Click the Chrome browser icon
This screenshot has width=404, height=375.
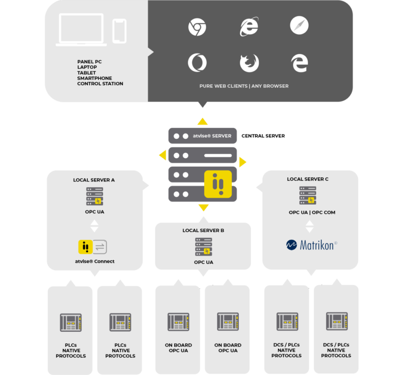pyautogui.click(x=197, y=27)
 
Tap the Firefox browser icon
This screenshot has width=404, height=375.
pyautogui.click(x=249, y=63)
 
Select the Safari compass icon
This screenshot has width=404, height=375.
pyautogui.click(x=299, y=25)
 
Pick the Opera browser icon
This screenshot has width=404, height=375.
pyautogui.click(x=197, y=63)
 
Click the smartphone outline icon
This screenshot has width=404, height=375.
pyautogui.click(x=119, y=31)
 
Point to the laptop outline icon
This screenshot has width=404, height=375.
pyautogui.click(x=81, y=30)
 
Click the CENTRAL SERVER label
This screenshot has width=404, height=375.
pyautogui.click(x=263, y=136)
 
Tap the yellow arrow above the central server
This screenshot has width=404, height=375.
pyautogui.click(x=203, y=121)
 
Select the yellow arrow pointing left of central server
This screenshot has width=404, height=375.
pyautogui.click(x=163, y=155)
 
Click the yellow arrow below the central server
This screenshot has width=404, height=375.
pyautogui.click(x=204, y=207)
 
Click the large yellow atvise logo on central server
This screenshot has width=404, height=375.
pyautogui.click(x=218, y=184)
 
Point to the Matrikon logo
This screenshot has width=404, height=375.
pyautogui.click(x=311, y=245)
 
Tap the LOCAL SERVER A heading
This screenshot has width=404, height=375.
pyautogui.click(x=94, y=180)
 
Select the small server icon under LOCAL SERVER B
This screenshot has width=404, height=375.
pyautogui.click(x=204, y=247)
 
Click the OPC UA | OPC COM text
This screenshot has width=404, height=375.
pyautogui.click(x=312, y=212)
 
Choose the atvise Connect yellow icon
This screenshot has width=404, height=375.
pyautogui.click(x=86, y=247)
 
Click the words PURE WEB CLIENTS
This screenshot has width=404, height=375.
pyautogui.click(x=224, y=86)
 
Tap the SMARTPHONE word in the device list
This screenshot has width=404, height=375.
pyautogui.click(x=95, y=78)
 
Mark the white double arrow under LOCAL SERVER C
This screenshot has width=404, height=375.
pyautogui.click(x=309, y=226)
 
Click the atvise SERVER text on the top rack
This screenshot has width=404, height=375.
pyautogui.click(x=212, y=136)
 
